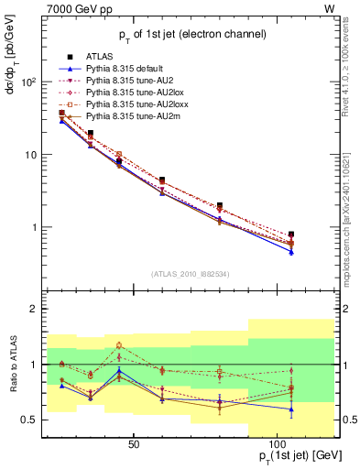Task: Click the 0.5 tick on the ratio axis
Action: [27, 420]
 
